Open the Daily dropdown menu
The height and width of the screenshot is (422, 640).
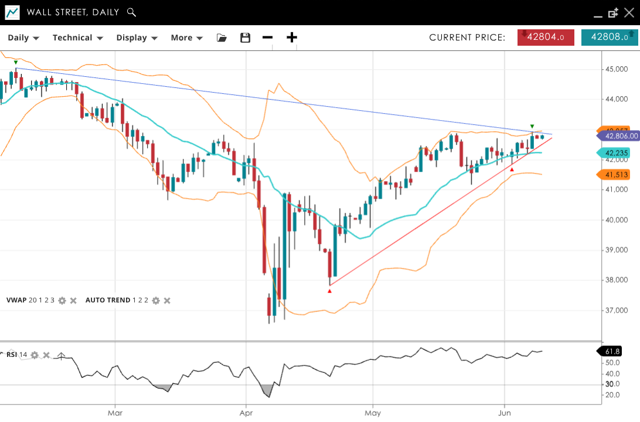[23, 38]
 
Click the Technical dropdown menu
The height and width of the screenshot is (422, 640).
[77, 38]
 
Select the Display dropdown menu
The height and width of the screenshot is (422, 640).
[137, 38]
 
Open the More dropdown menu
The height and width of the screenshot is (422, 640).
[186, 38]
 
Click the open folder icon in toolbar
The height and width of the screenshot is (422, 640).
[222, 38]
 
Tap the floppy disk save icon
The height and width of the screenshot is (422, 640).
[246, 38]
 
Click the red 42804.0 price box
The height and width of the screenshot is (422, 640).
[546, 37]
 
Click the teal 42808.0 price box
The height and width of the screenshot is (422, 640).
[609, 37]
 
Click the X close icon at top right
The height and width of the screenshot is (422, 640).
[629, 12]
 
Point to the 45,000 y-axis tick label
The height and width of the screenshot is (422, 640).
[616, 69]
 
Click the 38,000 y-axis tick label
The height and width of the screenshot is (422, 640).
[616, 280]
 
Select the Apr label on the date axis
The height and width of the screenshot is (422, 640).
[246, 413]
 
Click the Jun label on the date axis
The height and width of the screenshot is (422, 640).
[505, 413]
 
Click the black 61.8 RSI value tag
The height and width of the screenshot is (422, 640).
[611, 351]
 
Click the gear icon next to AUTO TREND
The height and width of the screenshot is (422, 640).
[156, 301]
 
